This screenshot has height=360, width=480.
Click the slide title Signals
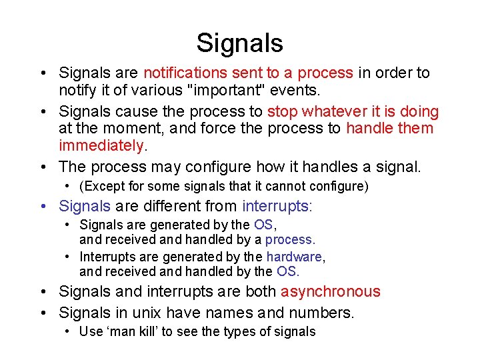tap(239, 43)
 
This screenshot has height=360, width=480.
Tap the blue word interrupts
tap(276, 207)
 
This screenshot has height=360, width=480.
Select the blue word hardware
tap(294, 257)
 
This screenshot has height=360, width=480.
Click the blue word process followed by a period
tap(290, 239)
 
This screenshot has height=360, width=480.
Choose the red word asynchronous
tap(330, 291)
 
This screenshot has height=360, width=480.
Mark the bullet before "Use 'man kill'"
tap(69, 331)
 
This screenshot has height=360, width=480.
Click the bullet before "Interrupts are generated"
tap(69, 257)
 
